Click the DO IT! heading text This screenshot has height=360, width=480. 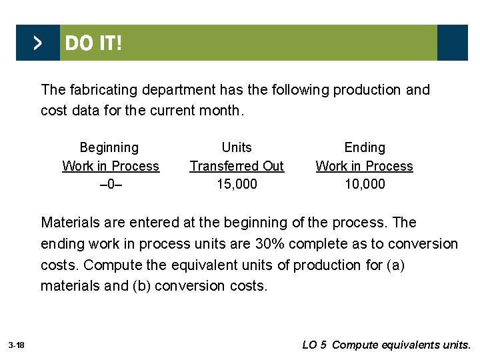[93, 43]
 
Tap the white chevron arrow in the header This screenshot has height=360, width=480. [38, 43]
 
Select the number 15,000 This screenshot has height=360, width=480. [237, 184]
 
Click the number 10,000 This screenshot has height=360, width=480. [364, 184]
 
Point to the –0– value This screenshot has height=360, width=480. [110, 184]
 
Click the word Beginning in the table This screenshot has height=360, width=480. [109, 147]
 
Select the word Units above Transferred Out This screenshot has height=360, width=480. [237, 147]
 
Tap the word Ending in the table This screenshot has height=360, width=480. [365, 147]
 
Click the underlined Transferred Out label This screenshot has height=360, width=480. [237, 166]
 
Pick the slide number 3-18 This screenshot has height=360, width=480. [17, 345]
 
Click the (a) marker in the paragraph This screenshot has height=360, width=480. [395, 265]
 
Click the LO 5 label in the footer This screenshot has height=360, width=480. [314, 345]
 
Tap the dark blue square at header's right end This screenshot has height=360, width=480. [453, 43]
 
